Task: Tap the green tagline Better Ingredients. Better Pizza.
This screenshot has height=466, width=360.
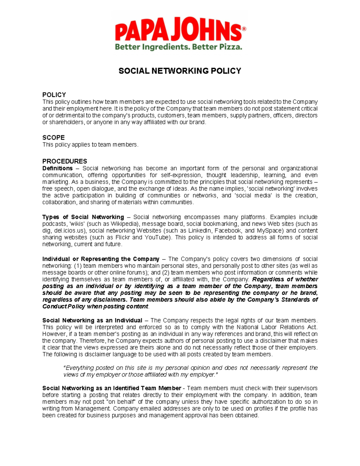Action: pos(178,47)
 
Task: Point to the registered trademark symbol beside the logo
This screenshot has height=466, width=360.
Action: pos(244,29)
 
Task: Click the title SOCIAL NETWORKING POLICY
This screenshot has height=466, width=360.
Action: pos(180,71)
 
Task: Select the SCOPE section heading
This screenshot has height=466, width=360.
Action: pos(53,138)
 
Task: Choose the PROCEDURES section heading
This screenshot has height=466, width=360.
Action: pos(64,161)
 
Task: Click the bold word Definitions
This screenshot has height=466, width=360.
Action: pos(57,168)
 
